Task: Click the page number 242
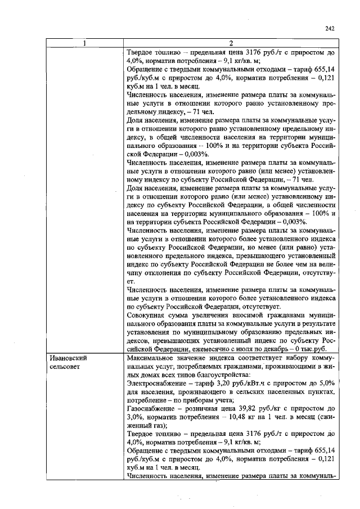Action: [x=330, y=29]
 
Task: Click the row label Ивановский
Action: [x=69, y=358]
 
